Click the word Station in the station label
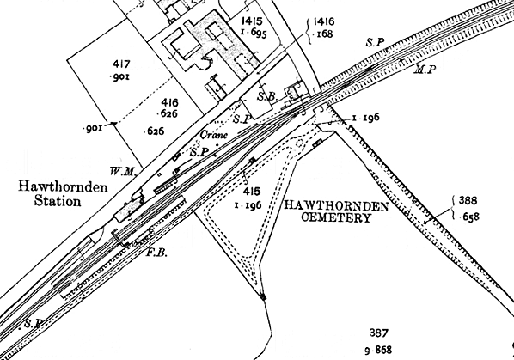(x=58, y=201)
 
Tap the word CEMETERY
(x=336, y=218)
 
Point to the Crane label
(x=214, y=135)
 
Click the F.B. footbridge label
(x=156, y=253)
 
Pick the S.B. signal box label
(x=267, y=96)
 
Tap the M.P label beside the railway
(x=425, y=70)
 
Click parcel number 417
(x=121, y=64)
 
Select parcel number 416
(x=169, y=103)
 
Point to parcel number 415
(x=252, y=191)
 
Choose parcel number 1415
(x=252, y=21)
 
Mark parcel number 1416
(x=324, y=21)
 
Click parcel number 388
(x=468, y=200)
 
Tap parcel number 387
(x=379, y=333)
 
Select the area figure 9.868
(x=378, y=351)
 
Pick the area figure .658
(x=468, y=217)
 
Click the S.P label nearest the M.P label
(x=375, y=42)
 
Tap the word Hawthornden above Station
(x=63, y=187)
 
